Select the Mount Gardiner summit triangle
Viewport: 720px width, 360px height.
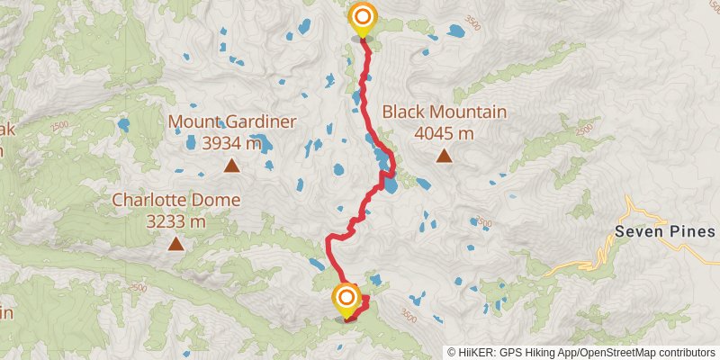click(x=232, y=165)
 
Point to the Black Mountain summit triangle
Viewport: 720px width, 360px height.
click(x=444, y=157)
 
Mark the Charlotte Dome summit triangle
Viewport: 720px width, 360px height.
click(x=175, y=243)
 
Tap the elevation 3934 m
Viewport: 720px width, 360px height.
click(x=231, y=142)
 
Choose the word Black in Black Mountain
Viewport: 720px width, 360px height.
click(x=402, y=112)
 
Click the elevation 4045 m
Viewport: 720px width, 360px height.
click(x=444, y=133)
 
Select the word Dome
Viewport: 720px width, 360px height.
click(x=220, y=200)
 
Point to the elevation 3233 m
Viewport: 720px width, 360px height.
click(x=175, y=220)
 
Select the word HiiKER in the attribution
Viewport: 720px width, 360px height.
click(x=479, y=353)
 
